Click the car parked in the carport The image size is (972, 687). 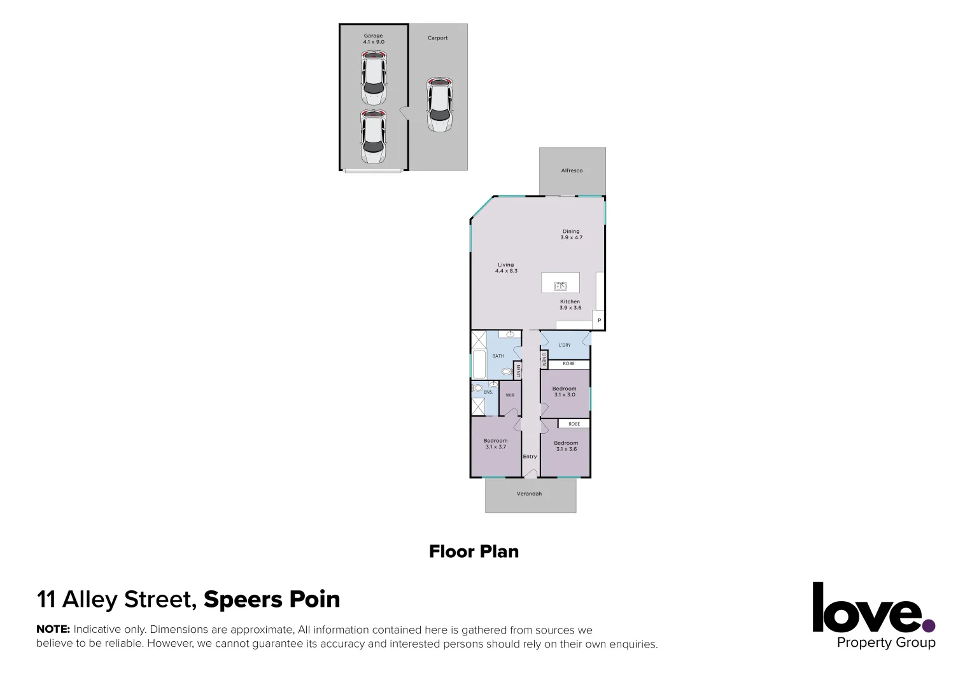[439, 105]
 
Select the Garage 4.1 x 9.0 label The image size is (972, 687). [374, 39]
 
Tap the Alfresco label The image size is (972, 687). [572, 170]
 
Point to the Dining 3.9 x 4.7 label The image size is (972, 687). [571, 234]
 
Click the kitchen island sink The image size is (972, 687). [560, 286]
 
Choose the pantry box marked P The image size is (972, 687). [599, 320]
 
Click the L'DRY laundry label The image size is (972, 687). [565, 345]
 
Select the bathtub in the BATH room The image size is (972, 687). [477, 364]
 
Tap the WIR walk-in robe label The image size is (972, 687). [510, 395]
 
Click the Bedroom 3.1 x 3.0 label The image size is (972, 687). [564, 391]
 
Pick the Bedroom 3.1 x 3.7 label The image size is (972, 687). [495, 443]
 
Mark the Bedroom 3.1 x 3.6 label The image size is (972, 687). [566, 445]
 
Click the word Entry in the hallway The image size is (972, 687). [530, 456]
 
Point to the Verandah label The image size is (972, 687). [529, 493]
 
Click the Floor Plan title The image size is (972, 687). [474, 551]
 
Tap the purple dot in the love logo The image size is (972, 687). [929, 626]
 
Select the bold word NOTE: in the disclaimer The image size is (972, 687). [53, 630]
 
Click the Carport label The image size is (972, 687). [437, 38]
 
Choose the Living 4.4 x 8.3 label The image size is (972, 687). [506, 268]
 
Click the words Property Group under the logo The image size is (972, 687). [885, 642]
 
